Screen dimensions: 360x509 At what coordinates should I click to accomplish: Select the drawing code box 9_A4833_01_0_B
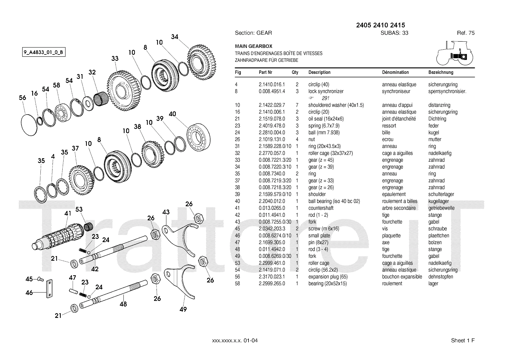[x=44, y=52]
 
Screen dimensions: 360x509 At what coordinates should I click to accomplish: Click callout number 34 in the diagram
[x=175, y=37]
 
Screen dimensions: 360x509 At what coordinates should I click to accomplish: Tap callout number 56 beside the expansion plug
[x=22, y=98]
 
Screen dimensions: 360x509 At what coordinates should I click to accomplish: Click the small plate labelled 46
[x=49, y=289]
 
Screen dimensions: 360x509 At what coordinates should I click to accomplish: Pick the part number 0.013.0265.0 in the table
[x=272, y=208]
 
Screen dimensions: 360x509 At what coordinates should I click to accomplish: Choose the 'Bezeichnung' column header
[x=441, y=72]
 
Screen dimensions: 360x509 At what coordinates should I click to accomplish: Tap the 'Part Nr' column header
[x=265, y=72]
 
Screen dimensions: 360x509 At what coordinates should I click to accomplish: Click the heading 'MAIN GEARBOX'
[x=254, y=46]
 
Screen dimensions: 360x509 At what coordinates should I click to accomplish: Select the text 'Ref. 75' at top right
[x=466, y=33]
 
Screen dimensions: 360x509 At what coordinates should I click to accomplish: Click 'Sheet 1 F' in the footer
[x=463, y=341]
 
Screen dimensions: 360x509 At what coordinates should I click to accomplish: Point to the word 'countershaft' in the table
[x=321, y=208]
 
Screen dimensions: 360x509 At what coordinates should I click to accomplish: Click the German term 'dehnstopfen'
[x=441, y=277]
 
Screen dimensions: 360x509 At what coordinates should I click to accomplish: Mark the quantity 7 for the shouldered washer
[x=297, y=105]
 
